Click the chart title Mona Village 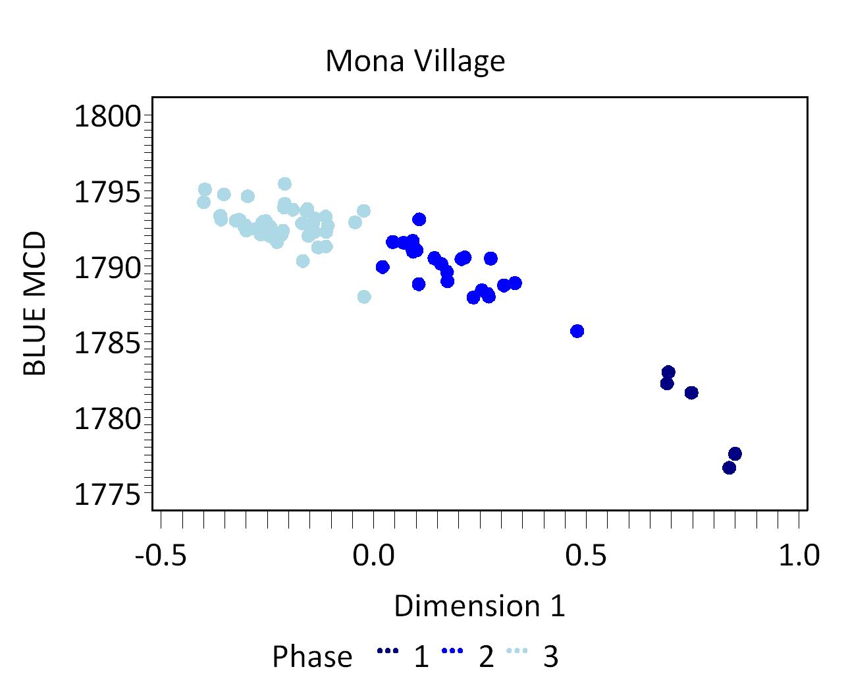tap(415, 61)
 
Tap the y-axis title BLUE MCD tap(35, 303)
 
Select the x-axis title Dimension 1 tap(479, 606)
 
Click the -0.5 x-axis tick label tap(160, 555)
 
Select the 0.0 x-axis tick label tap(373, 555)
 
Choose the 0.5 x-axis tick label tap(586, 555)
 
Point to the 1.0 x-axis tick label tap(799, 555)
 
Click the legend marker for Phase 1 tap(388, 651)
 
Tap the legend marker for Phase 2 tap(453, 651)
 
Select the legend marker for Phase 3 tap(517, 651)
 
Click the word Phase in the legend tap(312, 657)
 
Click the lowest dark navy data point tap(729, 467)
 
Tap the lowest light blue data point tap(364, 297)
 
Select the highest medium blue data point tap(419, 219)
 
